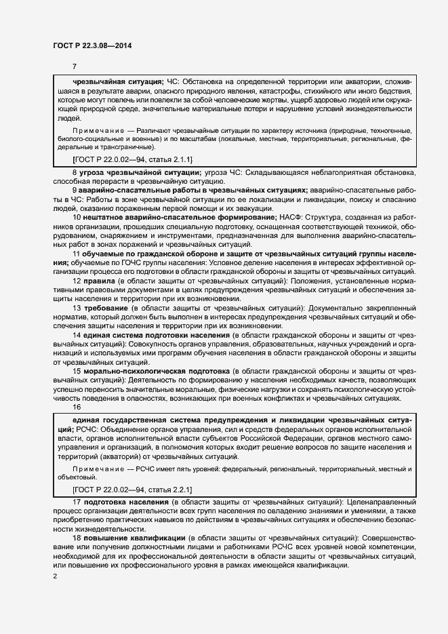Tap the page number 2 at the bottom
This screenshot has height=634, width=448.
pos(55,576)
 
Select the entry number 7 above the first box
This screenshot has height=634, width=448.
pos(75,66)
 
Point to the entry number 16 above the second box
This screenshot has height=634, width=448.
pos(77,407)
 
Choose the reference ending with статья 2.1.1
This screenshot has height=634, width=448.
pos(132,159)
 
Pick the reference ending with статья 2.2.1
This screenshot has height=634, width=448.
pos(132,489)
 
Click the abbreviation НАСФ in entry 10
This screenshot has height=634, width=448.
pos(290,216)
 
